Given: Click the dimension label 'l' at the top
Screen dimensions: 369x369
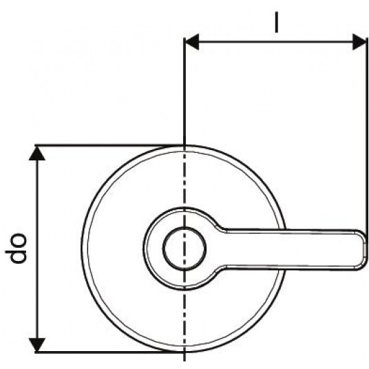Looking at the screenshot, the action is point(277,22).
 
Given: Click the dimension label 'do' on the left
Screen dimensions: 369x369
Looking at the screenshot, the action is point(17,248).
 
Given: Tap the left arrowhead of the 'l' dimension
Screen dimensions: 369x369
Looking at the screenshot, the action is point(191,42).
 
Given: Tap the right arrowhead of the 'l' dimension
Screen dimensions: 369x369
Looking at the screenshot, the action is point(359,42).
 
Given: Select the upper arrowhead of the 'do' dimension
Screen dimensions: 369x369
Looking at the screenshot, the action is point(37,153).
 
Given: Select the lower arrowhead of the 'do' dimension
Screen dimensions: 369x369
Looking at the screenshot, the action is point(37,345).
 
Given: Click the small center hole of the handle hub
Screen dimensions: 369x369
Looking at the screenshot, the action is point(184,249).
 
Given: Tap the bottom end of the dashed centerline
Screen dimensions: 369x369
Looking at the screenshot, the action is point(184,361).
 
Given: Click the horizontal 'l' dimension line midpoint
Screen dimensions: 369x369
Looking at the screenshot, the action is point(275,42).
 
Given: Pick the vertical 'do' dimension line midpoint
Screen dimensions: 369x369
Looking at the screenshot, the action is point(37,249).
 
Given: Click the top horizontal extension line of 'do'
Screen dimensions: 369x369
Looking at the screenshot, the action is point(109,145).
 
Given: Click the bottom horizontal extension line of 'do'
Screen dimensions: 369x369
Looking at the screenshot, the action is point(109,352).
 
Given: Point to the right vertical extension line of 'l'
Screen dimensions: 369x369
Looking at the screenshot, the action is point(367,134).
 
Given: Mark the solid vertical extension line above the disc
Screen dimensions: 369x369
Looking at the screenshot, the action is point(184,92).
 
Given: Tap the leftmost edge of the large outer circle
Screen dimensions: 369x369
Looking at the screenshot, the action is point(82,249).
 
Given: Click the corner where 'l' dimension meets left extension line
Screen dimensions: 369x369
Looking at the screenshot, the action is point(184,42).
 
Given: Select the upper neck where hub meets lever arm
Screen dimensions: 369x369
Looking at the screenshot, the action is point(221,228).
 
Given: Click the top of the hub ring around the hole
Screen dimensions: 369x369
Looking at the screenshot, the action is point(184,209).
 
